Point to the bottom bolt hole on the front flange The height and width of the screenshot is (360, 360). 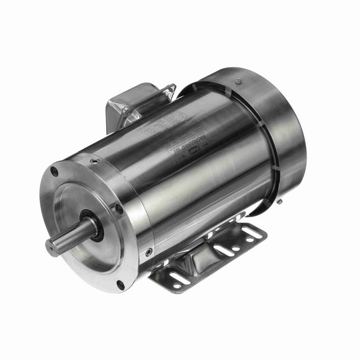coord(120,285)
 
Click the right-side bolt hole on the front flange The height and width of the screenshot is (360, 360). coord(119,209)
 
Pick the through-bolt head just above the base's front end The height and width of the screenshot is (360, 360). coord(149,251)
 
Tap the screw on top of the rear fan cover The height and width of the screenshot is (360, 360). coord(238,80)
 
